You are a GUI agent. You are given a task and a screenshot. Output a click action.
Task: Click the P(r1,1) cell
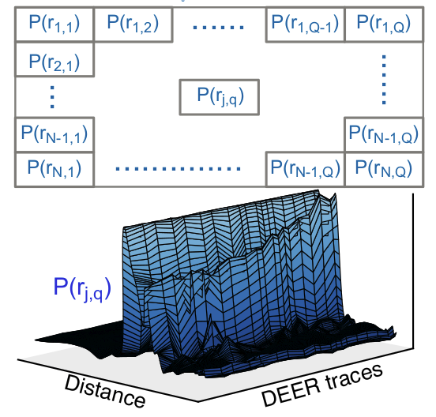click(x=54, y=24)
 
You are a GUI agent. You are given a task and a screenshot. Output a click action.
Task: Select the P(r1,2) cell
click(x=133, y=24)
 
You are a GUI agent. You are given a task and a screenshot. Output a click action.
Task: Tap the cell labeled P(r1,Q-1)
click(x=305, y=24)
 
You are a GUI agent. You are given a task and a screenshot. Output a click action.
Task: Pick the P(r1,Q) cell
click(x=384, y=24)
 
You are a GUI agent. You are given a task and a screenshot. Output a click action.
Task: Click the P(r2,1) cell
click(x=54, y=59)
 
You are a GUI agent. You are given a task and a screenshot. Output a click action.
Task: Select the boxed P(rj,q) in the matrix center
click(x=220, y=97)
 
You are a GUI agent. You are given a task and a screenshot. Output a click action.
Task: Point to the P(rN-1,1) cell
click(x=54, y=134)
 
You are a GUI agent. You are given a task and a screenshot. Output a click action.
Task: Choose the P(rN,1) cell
click(x=54, y=169)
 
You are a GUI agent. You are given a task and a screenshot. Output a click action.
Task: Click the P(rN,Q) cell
click(x=384, y=169)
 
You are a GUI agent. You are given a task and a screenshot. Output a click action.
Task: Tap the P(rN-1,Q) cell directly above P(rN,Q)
click(x=384, y=134)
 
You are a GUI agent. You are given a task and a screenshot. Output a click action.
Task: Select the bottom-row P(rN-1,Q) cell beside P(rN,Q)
click(x=305, y=169)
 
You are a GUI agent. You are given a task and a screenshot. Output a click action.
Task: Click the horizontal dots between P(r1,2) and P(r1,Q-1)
click(x=219, y=27)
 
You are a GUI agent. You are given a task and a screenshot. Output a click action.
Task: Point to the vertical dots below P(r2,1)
click(x=52, y=96)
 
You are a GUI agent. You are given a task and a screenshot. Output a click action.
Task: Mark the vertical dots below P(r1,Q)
click(x=384, y=80)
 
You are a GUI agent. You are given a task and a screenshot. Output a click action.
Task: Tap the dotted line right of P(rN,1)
click(x=178, y=169)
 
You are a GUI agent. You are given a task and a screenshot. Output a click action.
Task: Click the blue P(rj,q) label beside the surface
click(x=82, y=287)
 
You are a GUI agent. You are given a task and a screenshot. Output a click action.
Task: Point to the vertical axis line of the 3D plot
click(x=413, y=271)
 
